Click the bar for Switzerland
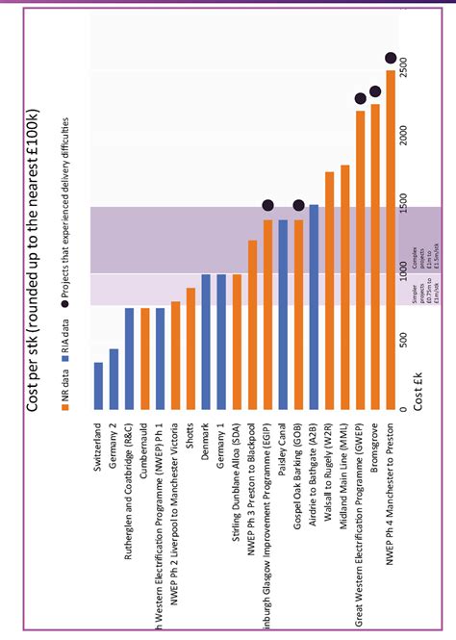tap(98, 385)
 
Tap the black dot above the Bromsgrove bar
tap(375, 91)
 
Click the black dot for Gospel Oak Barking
tap(298, 205)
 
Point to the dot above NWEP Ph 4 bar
tap(391, 58)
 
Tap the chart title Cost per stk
tap(33, 260)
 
